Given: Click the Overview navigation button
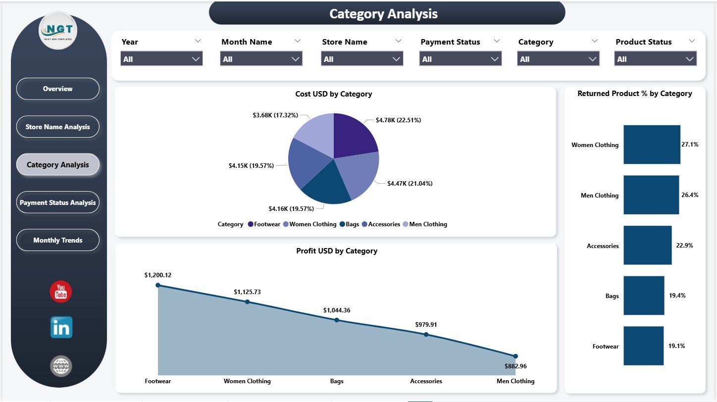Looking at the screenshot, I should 58,89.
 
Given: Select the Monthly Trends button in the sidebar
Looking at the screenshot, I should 58,240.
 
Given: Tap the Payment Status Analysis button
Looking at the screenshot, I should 58,202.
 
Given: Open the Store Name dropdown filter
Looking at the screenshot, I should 362,59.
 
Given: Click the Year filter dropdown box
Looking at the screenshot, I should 161,59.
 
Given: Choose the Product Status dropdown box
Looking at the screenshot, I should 655,59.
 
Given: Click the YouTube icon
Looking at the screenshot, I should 61,292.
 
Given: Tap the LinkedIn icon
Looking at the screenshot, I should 61,328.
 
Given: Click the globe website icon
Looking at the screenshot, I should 61,366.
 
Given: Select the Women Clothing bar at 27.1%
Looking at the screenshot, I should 652,145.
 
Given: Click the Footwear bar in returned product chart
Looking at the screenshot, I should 643,346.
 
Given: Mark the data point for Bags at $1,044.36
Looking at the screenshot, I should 337,320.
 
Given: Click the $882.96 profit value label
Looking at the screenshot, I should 515,366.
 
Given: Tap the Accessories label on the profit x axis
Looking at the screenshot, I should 426,381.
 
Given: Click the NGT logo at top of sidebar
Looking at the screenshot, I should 58,31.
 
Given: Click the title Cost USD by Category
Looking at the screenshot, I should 333,94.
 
